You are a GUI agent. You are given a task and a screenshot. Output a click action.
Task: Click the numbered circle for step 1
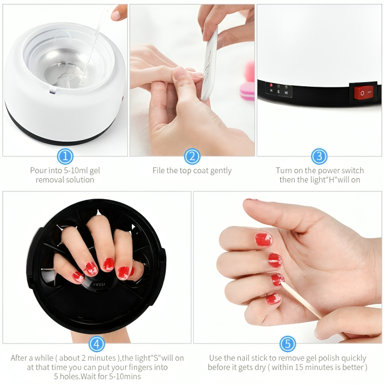[x=65, y=156]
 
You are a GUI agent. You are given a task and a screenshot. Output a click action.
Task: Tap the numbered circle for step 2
[x=192, y=156]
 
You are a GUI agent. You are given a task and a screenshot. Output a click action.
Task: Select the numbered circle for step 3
[x=319, y=156]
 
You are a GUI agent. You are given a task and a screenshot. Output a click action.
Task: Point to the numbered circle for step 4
[x=97, y=343]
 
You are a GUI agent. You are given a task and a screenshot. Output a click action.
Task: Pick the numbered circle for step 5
[x=287, y=343]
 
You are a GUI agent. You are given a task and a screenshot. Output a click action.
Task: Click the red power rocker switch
[x=364, y=93]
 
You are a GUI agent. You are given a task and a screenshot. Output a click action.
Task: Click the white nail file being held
[x=210, y=67]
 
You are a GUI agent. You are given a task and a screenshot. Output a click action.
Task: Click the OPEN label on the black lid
[x=99, y=284]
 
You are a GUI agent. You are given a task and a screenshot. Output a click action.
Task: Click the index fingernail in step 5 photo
[x=263, y=239]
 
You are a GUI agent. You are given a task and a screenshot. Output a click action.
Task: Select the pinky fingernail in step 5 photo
[x=273, y=299]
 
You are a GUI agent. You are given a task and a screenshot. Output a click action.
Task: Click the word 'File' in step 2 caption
[x=160, y=170]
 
